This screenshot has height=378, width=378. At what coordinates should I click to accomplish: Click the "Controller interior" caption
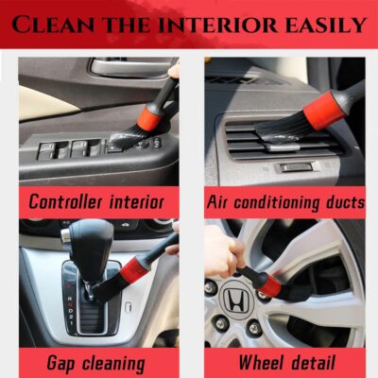pyautogui.click(x=96, y=200)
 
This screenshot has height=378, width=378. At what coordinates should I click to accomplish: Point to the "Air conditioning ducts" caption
pyautogui.click(x=284, y=200)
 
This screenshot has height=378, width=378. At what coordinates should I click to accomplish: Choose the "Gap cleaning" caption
pyautogui.click(x=95, y=362)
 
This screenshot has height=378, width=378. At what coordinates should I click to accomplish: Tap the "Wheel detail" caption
pyautogui.click(x=284, y=362)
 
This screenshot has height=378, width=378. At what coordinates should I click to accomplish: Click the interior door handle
pyautogui.click(x=123, y=67)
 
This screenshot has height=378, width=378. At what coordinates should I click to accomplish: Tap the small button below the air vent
pyautogui.click(x=295, y=166)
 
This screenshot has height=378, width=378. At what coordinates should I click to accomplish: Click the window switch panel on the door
pyautogui.click(x=76, y=149)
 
